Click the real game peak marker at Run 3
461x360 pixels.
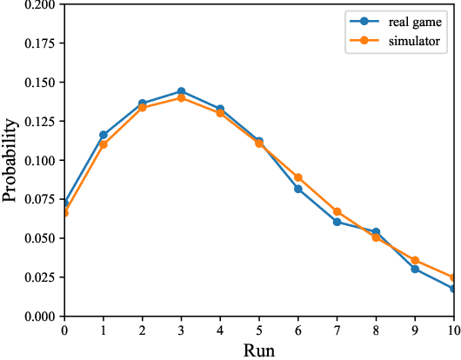pyautogui.click(x=181, y=91)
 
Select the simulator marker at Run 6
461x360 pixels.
pyautogui.click(x=298, y=177)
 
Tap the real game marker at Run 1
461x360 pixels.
pyautogui.click(x=103, y=135)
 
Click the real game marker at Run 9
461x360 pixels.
pyautogui.click(x=415, y=269)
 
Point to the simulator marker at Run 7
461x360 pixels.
pyautogui.click(x=337, y=212)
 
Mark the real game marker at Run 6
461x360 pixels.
pyautogui.click(x=298, y=189)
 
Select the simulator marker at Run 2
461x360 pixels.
pyautogui.click(x=142, y=108)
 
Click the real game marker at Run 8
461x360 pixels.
pyautogui.click(x=376, y=232)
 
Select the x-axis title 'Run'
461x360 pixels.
pyautogui.click(x=259, y=350)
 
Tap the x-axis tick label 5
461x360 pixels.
pyautogui.click(x=259, y=330)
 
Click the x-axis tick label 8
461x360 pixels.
pyautogui.click(x=376, y=330)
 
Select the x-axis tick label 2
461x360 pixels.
pyautogui.click(x=142, y=330)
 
